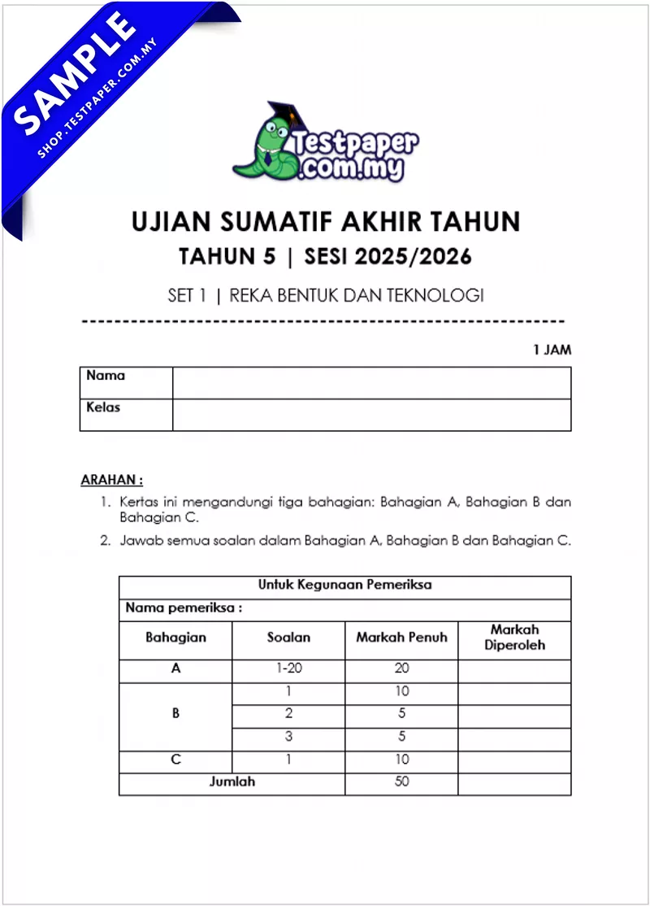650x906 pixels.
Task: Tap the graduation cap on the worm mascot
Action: click(x=284, y=114)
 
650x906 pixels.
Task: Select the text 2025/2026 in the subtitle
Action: click(x=420, y=257)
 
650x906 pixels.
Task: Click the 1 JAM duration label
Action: click(x=552, y=350)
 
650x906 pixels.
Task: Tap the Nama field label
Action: click(x=106, y=376)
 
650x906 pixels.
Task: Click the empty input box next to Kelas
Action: click(x=371, y=415)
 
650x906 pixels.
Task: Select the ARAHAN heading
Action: click(x=111, y=481)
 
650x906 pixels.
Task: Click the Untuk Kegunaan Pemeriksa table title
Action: click(x=344, y=585)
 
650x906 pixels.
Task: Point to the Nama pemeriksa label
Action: click(x=184, y=608)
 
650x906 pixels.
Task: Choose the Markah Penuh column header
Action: click(x=401, y=638)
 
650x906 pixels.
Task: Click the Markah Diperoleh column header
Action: click(x=514, y=638)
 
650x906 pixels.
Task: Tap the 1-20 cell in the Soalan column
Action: click(x=288, y=669)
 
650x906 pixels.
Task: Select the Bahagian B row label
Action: click(x=175, y=714)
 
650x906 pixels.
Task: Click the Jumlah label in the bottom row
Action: click(x=232, y=782)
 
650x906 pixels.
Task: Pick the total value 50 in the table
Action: click(x=401, y=782)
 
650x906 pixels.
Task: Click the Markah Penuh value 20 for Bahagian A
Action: click(x=401, y=669)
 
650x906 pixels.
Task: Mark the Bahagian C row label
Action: click(x=175, y=760)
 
